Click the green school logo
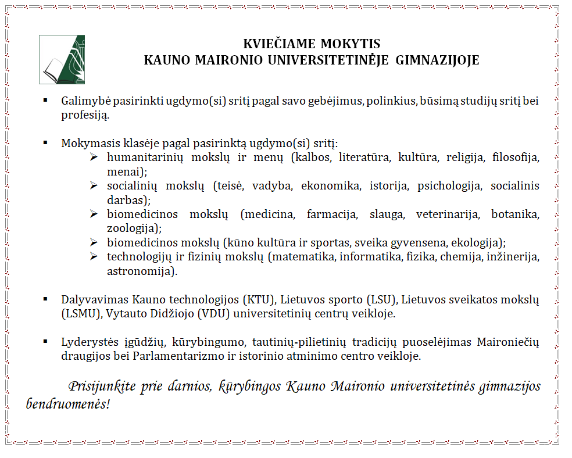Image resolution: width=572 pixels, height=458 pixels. [62, 59]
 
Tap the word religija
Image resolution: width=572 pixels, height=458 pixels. [457, 158]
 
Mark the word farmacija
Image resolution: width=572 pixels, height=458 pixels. [331, 214]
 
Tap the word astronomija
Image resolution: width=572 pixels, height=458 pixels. [140, 271]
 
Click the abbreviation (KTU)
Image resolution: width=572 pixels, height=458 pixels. [262, 300]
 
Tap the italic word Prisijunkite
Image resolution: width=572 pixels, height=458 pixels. [102, 387]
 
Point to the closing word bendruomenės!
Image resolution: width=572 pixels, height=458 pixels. [67, 403]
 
